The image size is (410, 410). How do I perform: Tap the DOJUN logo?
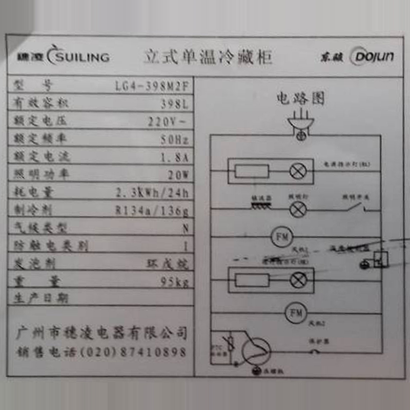click(373, 56)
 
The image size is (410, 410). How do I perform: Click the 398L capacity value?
click(174, 104)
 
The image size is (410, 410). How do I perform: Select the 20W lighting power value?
click(178, 175)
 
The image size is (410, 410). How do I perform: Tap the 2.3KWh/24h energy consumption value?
click(153, 193)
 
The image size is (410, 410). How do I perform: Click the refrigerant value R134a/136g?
click(153, 210)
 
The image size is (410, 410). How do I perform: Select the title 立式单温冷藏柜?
click(208, 56)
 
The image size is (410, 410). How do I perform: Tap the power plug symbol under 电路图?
click(301, 126)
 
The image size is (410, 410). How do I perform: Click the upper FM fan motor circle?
click(281, 237)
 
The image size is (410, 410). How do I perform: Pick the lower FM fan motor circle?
click(295, 312)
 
